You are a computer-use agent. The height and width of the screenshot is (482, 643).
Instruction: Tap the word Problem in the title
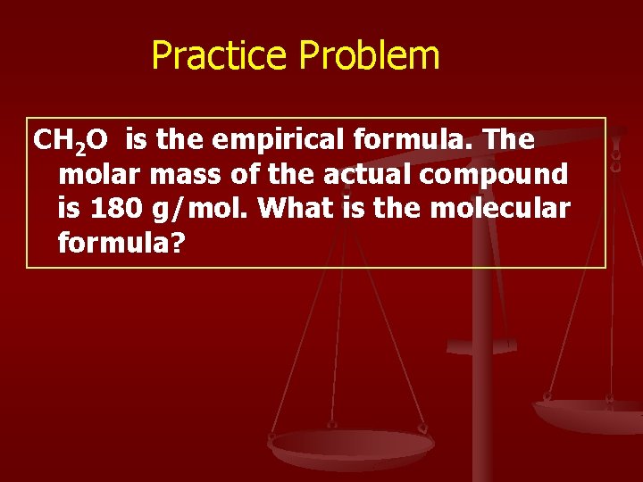pos(369,55)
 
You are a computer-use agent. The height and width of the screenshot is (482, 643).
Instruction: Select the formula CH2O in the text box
pos(71,140)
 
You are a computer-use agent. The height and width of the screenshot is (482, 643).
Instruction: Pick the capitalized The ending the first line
pos(509,140)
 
